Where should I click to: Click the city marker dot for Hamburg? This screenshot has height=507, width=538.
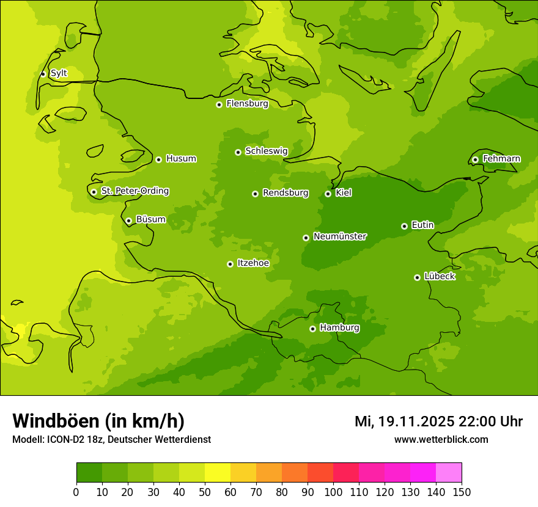pos(312,329)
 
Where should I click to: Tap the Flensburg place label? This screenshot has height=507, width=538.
pos(247,104)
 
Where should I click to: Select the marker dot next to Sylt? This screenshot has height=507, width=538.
pos(43,74)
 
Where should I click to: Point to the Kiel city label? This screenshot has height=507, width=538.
pos(344,193)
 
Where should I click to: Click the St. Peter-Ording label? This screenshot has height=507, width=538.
pos(134,191)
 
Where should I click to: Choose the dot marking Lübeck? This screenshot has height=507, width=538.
pos(417,277)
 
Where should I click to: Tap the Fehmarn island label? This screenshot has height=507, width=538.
pos(501,159)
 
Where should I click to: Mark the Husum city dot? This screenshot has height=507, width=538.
pos(158,159)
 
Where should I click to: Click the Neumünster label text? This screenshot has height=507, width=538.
pos(340,236)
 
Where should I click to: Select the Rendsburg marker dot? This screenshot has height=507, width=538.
pos(255,194)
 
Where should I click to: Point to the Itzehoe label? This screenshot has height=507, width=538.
pos(253,263)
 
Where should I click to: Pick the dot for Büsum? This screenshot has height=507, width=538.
pos(128,221)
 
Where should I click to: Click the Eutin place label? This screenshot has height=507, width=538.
pos(422,225)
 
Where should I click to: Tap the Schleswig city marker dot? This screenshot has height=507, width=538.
pos(238,152)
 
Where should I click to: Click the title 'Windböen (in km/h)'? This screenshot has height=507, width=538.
pos(98,421)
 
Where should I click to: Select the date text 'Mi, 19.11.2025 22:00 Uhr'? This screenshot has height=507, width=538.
pos(438,421)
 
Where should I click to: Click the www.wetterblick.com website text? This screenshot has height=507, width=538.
pos(441,439)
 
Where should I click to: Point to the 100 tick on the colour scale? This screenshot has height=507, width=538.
pos(333,492)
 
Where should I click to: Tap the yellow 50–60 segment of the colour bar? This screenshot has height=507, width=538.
pos(218,473)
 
